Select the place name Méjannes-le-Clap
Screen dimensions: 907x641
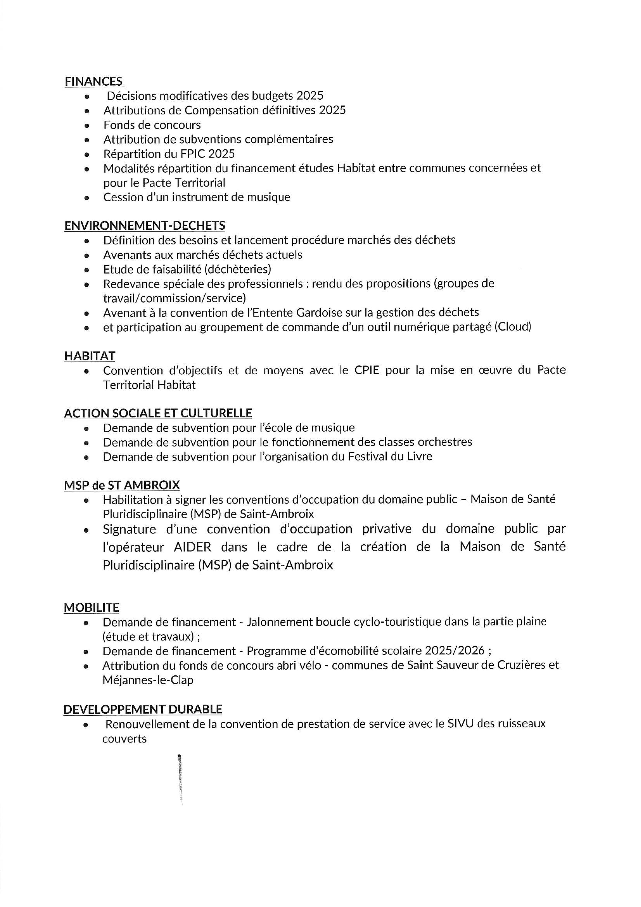click(148, 680)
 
